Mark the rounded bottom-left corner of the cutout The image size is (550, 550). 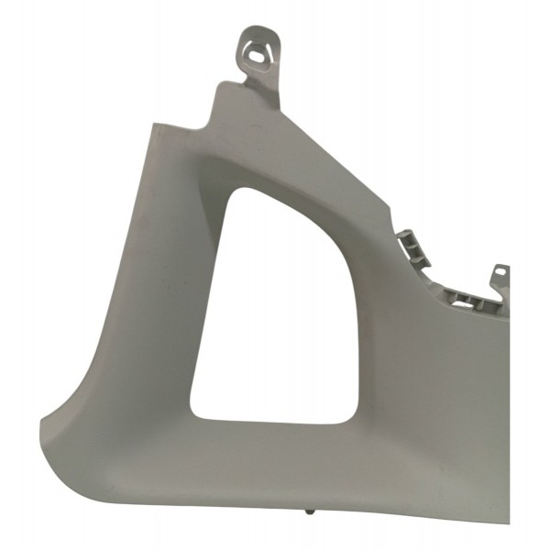197,412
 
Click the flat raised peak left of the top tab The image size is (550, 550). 226,88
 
